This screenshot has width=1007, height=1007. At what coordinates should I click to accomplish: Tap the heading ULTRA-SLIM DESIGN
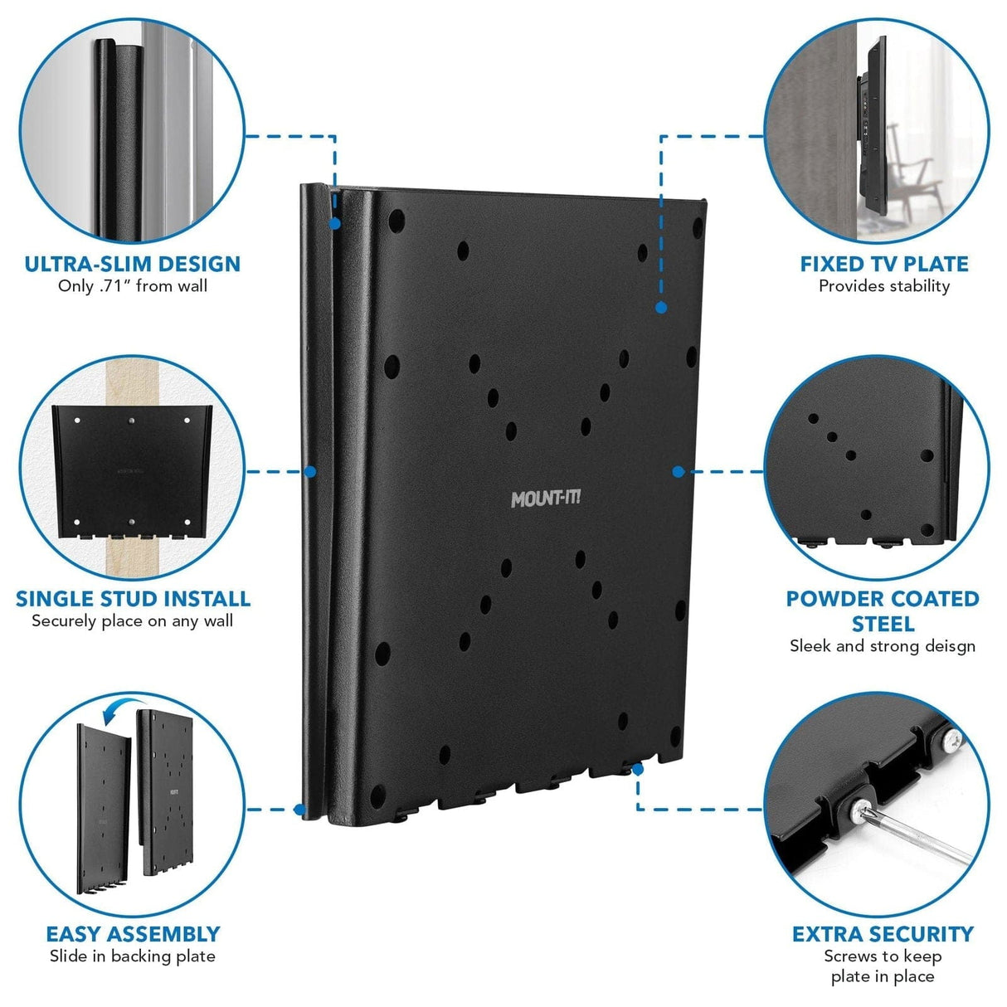(133, 265)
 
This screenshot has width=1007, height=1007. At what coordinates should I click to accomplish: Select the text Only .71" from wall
(133, 286)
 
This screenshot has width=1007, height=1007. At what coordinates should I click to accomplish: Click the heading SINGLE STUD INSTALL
(133, 599)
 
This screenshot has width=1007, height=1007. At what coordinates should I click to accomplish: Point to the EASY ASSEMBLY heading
(133, 934)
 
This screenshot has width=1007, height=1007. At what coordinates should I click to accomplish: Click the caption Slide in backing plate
(133, 956)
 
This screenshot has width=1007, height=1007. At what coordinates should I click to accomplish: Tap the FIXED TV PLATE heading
(884, 265)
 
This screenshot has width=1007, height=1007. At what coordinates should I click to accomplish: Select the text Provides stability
(884, 286)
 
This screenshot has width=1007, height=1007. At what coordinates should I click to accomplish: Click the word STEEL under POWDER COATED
(883, 624)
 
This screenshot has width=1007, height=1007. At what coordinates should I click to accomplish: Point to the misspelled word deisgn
(946, 646)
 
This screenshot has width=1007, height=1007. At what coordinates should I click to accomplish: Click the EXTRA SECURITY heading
(883, 934)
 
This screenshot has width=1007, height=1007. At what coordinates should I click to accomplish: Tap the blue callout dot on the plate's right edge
(678, 471)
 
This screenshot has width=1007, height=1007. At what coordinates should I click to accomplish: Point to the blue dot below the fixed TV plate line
(661, 307)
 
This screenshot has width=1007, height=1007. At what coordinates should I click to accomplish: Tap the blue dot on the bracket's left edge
(310, 471)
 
